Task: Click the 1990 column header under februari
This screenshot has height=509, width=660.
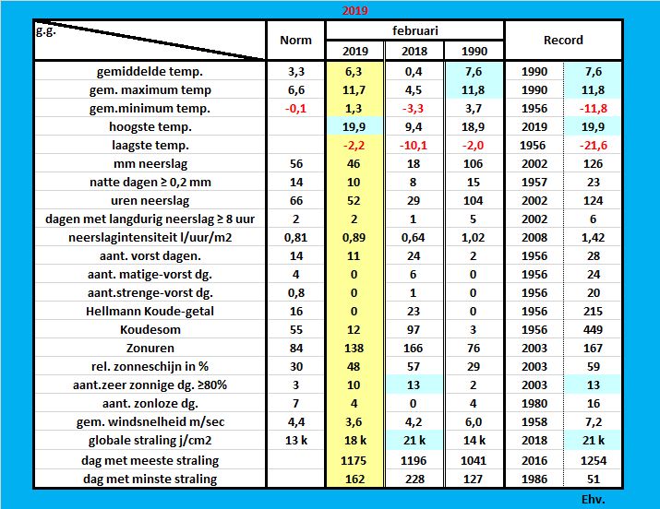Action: [474, 50]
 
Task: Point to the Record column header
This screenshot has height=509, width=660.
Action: [563, 41]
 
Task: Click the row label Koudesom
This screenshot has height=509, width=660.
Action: [155, 329]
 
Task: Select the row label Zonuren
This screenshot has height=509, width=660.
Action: [155, 348]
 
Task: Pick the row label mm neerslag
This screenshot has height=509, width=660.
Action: [155, 163]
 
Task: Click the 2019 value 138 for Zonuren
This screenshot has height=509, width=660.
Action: [355, 348]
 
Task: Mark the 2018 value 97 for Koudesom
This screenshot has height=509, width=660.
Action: [413, 329]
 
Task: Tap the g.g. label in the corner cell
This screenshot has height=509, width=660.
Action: [46, 30]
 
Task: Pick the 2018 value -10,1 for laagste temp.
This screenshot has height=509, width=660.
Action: [413, 145]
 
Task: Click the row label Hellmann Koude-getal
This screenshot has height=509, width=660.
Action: [155, 311]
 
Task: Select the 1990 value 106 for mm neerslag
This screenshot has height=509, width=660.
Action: [474, 163]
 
